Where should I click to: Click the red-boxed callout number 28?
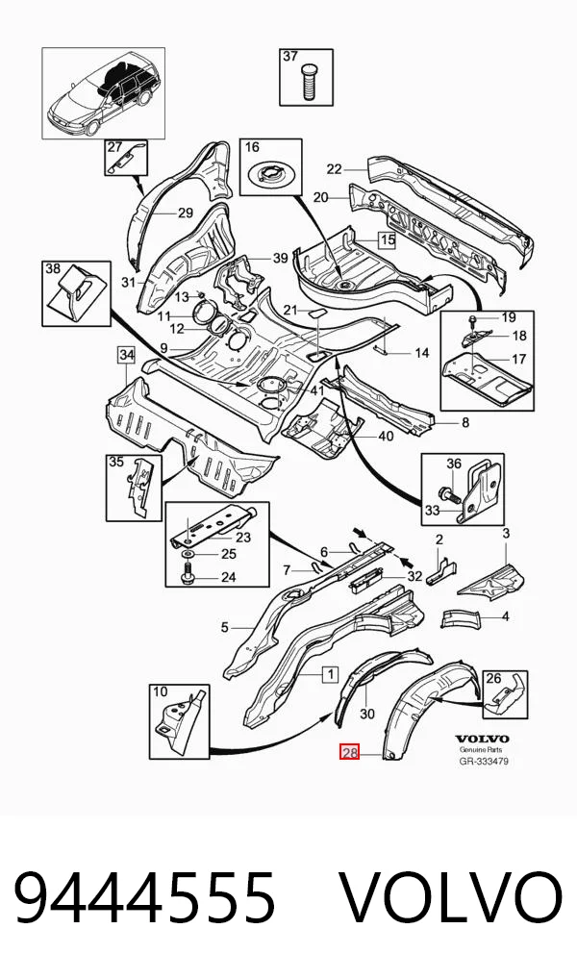tap(349, 752)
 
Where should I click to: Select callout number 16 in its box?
tap(252, 148)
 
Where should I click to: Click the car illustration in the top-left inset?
tap(103, 98)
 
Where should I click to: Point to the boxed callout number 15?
tap(388, 239)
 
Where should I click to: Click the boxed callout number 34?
tap(127, 355)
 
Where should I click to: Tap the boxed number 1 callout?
tap(330, 674)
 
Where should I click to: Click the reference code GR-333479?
tap(483, 761)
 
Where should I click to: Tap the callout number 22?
tap(335, 168)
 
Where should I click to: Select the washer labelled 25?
tap(188, 555)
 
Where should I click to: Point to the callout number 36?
tap(453, 464)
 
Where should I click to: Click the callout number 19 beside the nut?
tap(509, 317)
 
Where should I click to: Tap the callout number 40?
tap(386, 436)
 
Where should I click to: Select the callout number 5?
tap(225, 627)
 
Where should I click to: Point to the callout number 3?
tap(506, 533)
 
